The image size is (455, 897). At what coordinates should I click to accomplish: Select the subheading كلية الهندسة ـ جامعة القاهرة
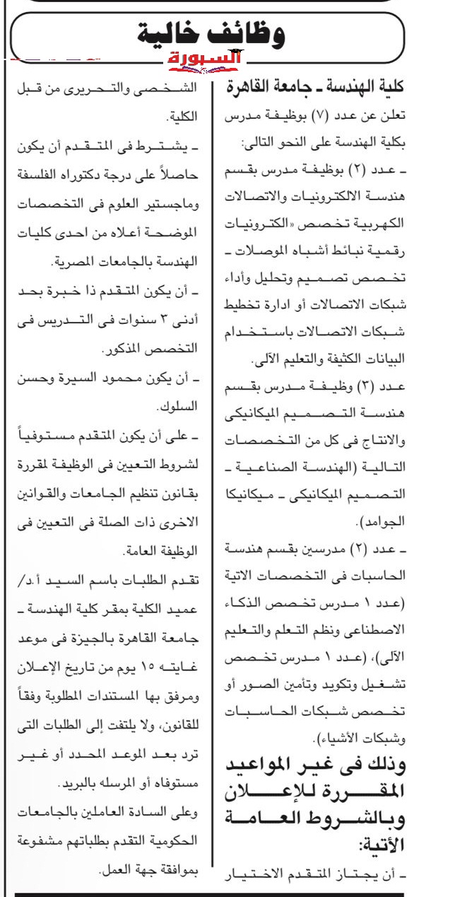[318, 88]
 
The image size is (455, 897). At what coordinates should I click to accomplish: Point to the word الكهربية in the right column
[386, 222]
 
